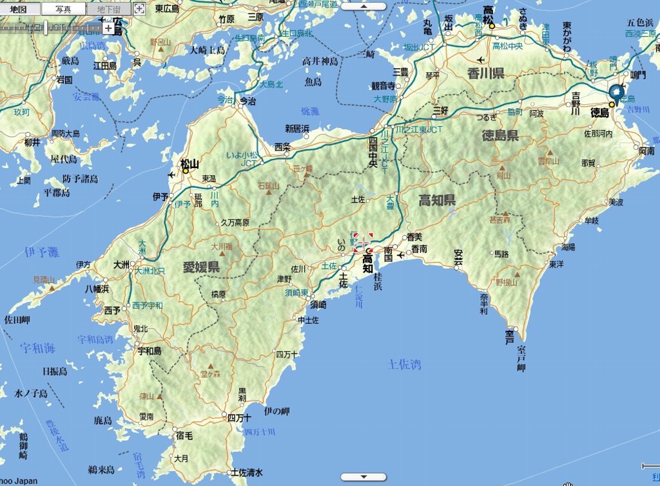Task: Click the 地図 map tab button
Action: tap(18, 9)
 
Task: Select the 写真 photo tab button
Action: tap(63, 9)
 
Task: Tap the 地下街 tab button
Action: tap(108, 9)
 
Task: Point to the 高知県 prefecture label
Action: tap(437, 200)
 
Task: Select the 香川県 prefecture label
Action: tap(485, 73)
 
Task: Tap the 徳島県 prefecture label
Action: tap(500, 135)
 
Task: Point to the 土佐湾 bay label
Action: tap(405, 364)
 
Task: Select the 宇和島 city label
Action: tap(150, 351)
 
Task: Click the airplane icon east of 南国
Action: tap(402, 255)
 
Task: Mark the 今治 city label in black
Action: tap(247, 101)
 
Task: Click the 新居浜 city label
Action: tap(297, 128)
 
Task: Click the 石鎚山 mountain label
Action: tap(267, 186)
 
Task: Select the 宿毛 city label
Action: tap(184, 436)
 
